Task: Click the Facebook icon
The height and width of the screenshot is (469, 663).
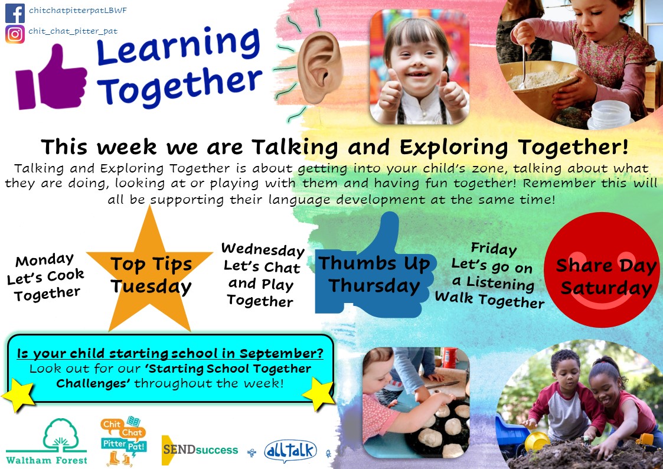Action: coord(15,13)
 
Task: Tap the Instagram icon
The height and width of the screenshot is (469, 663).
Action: coord(15,34)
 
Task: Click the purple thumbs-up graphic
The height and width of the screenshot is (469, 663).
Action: coord(51,78)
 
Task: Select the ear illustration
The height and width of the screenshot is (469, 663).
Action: coord(319,68)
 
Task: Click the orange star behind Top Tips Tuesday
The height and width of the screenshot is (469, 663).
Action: coord(149,271)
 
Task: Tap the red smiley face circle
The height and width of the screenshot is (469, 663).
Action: coord(603,270)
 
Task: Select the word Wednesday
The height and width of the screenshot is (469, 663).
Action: coord(263,250)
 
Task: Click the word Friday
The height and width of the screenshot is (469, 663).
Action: coord(494,249)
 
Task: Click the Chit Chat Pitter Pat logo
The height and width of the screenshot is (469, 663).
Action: coord(123,441)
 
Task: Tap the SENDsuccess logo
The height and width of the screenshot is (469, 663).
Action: coord(200,450)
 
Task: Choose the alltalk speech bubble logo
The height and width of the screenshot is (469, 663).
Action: coord(290,451)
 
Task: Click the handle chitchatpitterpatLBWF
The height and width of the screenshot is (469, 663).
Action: coord(78,11)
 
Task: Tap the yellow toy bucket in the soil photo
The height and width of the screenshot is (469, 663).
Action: coord(537,441)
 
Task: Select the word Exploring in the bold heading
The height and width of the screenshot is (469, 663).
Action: coord(453,148)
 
